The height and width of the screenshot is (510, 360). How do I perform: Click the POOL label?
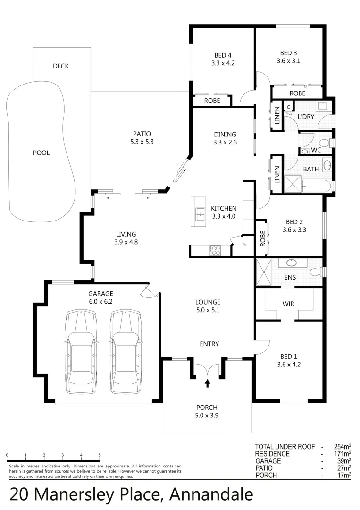click(41, 153)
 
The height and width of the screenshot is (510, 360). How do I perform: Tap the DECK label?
click(60, 66)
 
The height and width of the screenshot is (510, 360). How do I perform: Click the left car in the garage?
click(81, 352)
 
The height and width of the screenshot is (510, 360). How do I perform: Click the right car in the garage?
click(126, 352)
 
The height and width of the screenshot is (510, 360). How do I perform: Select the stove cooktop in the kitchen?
click(215, 251)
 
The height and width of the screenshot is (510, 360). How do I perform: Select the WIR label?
click(288, 304)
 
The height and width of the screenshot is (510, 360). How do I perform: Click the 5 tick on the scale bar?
click(100, 456)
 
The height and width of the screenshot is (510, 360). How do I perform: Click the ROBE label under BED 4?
click(212, 101)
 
